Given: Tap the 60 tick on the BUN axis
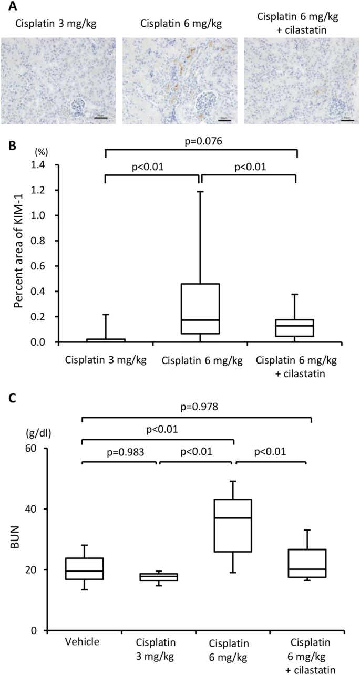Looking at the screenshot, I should (35, 449).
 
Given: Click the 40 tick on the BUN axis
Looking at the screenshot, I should (35, 509).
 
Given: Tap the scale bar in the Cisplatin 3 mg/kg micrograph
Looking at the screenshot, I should (101, 118).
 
